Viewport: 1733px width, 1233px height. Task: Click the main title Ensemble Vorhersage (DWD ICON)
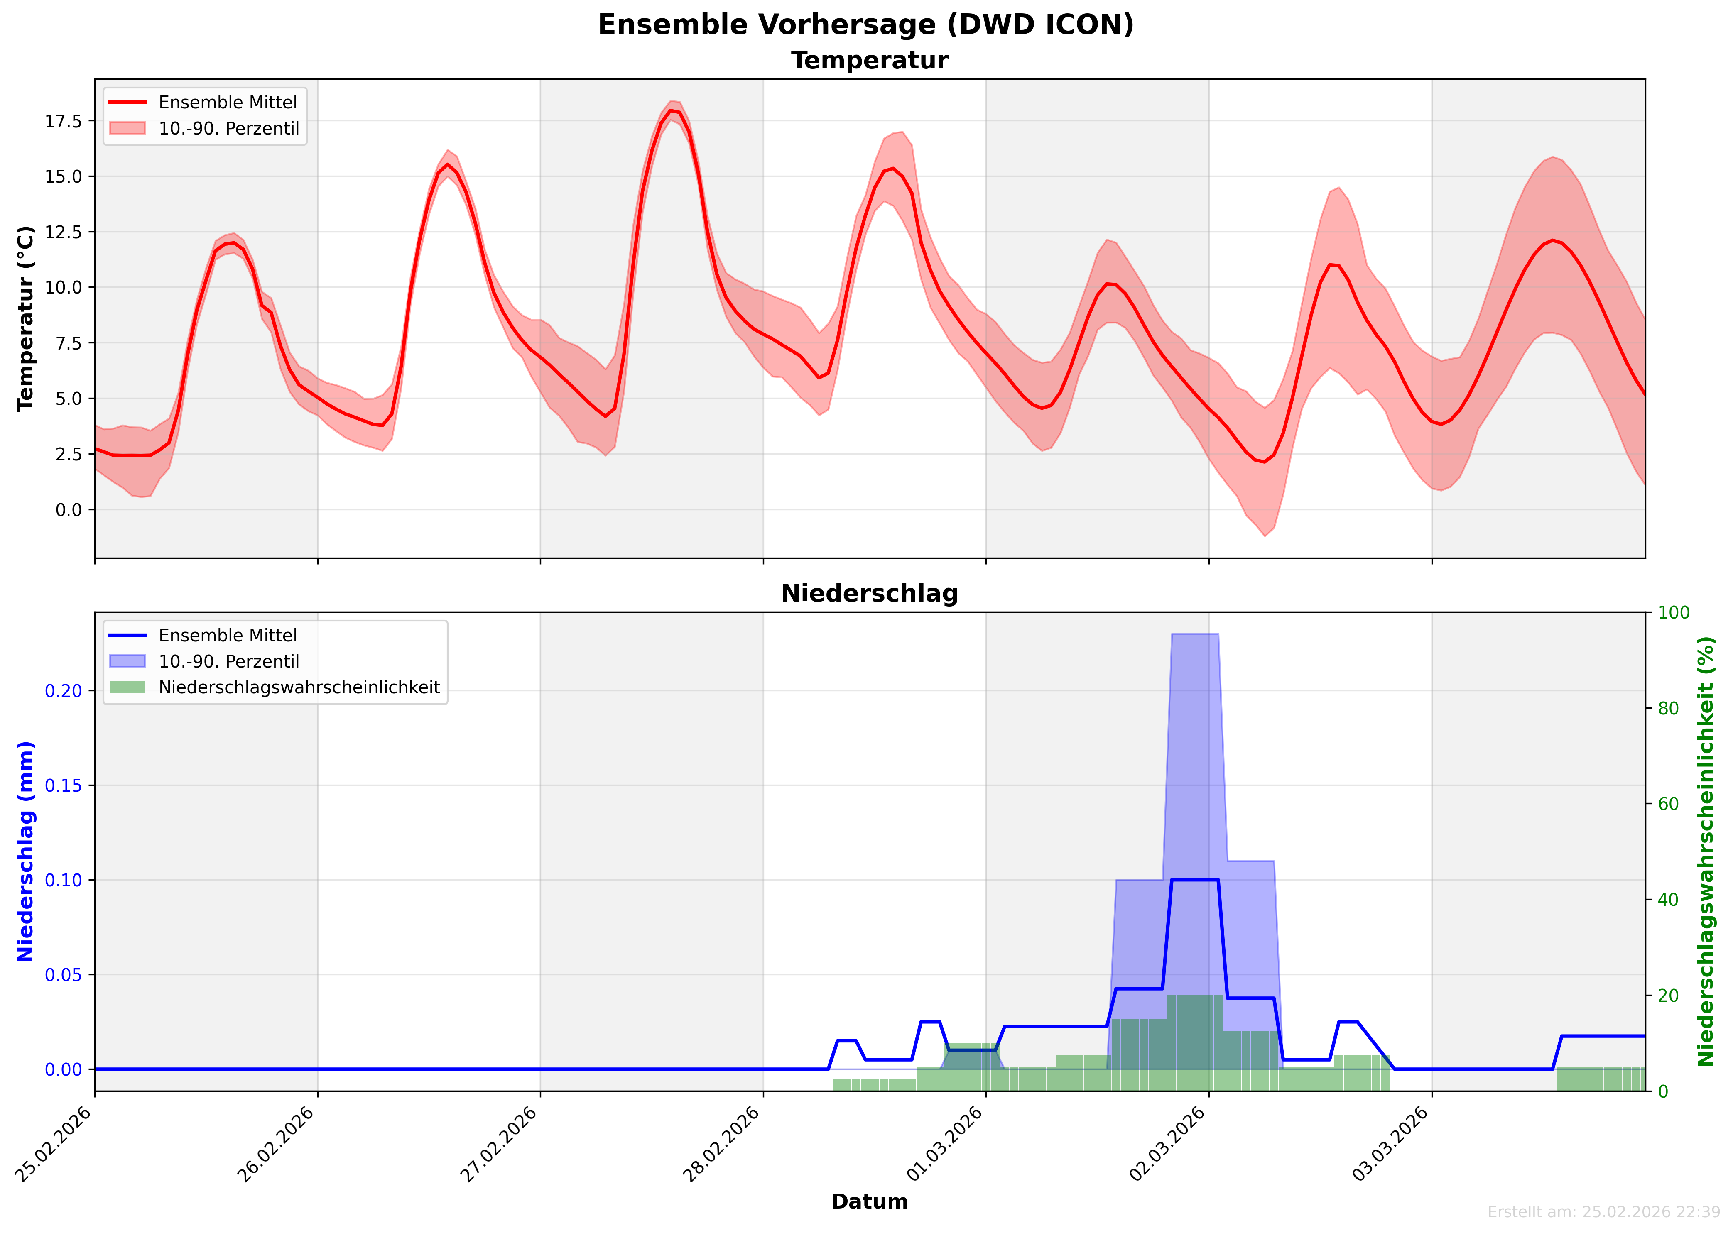point(866,24)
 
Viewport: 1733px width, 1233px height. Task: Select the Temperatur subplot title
point(870,61)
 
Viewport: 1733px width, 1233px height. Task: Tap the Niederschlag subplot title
point(870,594)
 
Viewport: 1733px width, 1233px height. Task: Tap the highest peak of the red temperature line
point(672,111)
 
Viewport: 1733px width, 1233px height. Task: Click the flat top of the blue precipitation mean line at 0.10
point(1194,880)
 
